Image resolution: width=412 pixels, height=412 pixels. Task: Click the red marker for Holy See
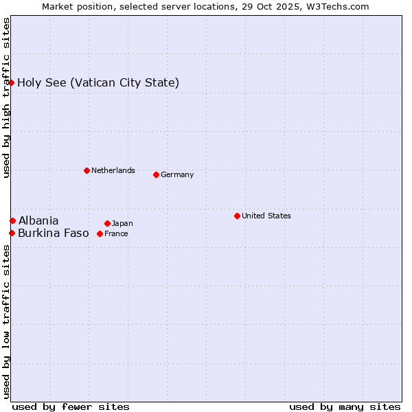tap(12, 82)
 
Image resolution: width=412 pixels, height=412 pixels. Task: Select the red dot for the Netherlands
tap(87, 170)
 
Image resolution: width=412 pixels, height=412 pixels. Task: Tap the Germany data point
tap(156, 174)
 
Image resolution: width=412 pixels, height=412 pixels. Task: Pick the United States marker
tap(237, 216)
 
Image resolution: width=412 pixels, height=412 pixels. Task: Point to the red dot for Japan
tap(107, 223)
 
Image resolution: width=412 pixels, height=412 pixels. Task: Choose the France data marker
tap(100, 233)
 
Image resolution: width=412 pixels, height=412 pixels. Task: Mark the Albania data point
tap(12, 220)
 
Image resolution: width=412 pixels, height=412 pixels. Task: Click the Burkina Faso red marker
tap(12, 233)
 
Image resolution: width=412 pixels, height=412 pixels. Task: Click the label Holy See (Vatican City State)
tap(98, 83)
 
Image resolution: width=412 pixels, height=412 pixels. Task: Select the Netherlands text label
tap(113, 170)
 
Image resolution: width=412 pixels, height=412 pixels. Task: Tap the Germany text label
tap(177, 174)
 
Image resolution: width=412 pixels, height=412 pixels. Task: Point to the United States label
tap(266, 216)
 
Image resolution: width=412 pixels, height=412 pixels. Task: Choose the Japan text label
tap(122, 223)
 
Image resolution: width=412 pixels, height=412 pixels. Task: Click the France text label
tap(116, 233)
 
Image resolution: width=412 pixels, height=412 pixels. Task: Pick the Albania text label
tap(38, 220)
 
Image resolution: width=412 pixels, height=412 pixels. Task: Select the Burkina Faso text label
tap(54, 233)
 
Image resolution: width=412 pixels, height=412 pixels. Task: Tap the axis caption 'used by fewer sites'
tap(71, 407)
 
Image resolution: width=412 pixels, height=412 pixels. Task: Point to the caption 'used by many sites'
tap(345, 407)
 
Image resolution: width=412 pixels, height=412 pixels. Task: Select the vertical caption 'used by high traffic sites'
tap(6, 98)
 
